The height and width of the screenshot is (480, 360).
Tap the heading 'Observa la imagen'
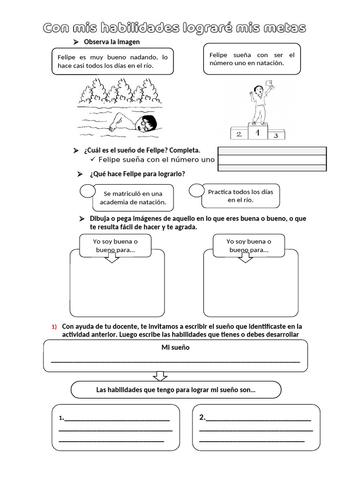point(112,42)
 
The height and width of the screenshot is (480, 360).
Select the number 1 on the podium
point(256,133)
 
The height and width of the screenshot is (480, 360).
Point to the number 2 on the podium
point(239,135)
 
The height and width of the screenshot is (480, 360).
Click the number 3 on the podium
point(276,135)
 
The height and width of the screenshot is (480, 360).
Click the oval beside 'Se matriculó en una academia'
point(88,191)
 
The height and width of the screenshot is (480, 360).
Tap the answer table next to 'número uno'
point(272,159)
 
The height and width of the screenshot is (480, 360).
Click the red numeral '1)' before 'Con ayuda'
point(54,327)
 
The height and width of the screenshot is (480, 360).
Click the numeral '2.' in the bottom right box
point(202,417)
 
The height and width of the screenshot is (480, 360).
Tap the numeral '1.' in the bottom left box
point(61,418)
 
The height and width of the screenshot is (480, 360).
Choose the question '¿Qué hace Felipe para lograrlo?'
point(137,174)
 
